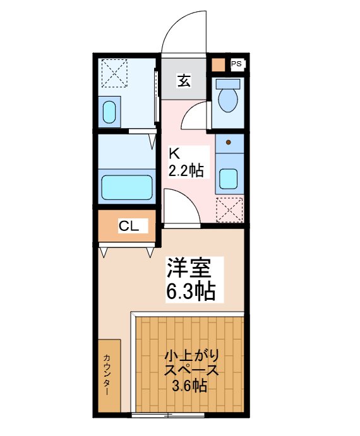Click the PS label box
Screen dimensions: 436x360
click(236, 64)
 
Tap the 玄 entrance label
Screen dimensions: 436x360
click(184, 81)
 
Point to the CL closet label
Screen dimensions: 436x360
click(129, 226)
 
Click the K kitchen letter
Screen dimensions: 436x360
click(175, 153)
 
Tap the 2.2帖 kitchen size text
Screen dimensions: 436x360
click(185, 170)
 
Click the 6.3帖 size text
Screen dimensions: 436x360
click(190, 291)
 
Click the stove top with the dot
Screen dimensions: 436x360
click(228, 144)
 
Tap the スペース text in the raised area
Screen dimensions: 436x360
click(190, 370)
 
